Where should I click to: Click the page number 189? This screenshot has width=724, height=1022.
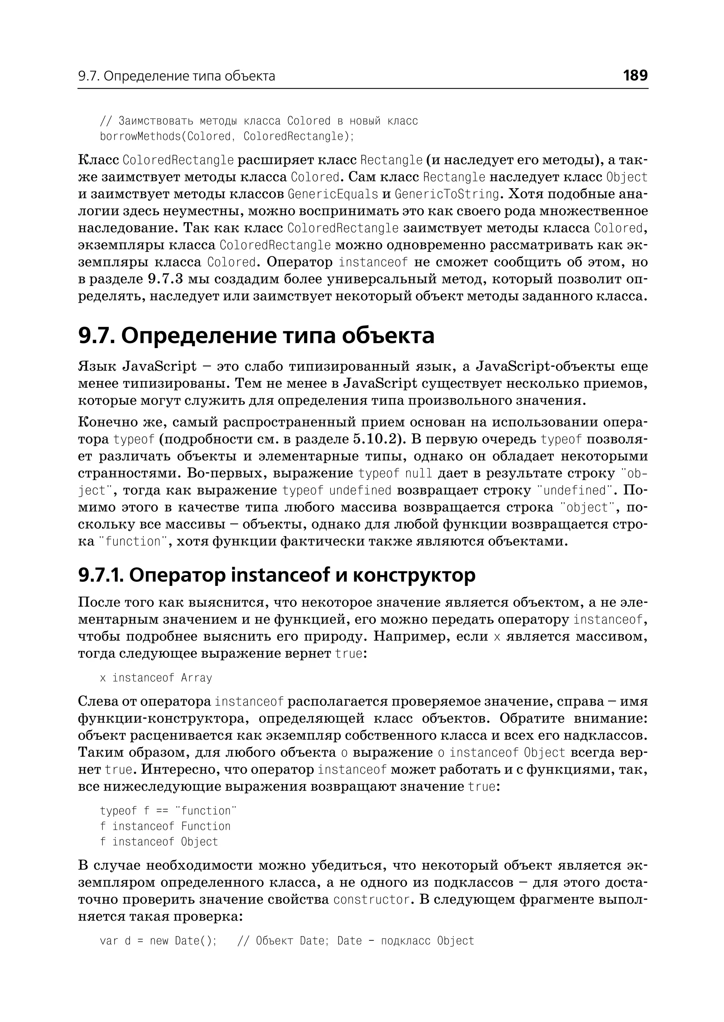pyautogui.click(x=635, y=75)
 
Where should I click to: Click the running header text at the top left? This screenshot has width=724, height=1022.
pyautogui.click(x=176, y=76)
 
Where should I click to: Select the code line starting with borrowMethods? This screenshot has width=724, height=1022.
pyautogui.click(x=227, y=136)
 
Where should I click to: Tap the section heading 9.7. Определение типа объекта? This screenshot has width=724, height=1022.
pyautogui.click(x=256, y=335)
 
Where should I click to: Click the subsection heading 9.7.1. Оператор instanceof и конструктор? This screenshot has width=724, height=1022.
pyautogui.click(x=276, y=575)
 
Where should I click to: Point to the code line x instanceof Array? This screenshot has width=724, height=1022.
pyautogui.click(x=156, y=678)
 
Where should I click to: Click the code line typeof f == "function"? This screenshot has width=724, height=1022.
pyautogui.click(x=168, y=811)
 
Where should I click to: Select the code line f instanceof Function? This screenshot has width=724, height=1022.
pyautogui.click(x=165, y=826)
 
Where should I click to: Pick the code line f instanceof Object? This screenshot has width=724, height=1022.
pyautogui.click(x=159, y=842)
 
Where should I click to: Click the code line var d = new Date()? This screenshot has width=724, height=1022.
pyautogui.click(x=158, y=941)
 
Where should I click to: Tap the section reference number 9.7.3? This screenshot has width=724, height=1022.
pyautogui.click(x=165, y=279)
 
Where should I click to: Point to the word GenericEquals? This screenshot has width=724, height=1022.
pyautogui.click(x=333, y=194)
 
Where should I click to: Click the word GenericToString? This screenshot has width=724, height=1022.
pyautogui.click(x=447, y=194)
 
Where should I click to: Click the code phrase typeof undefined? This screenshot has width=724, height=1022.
pyautogui.click(x=337, y=490)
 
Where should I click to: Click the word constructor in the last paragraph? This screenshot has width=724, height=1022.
pyautogui.click(x=371, y=899)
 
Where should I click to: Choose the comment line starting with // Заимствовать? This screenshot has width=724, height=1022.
pyautogui.click(x=258, y=121)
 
